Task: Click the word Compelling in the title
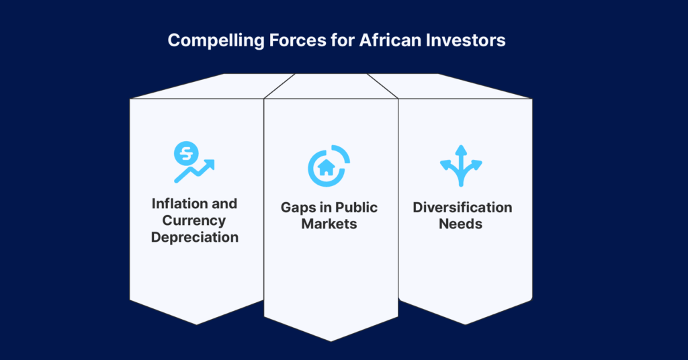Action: [x=216, y=41]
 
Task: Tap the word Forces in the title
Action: [x=298, y=40]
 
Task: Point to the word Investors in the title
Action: [x=466, y=40]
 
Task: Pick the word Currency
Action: [x=194, y=220]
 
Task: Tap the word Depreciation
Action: [x=195, y=237]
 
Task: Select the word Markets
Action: [x=329, y=224]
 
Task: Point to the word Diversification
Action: [x=462, y=207]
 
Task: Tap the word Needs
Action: [x=461, y=224]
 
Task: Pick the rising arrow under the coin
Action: [x=194, y=171]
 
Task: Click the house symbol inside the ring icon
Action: [x=326, y=167]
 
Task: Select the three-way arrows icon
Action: [x=461, y=166]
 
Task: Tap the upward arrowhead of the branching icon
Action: [x=461, y=150]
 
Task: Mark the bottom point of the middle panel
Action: [x=331, y=341]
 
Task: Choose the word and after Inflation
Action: [x=224, y=204]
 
